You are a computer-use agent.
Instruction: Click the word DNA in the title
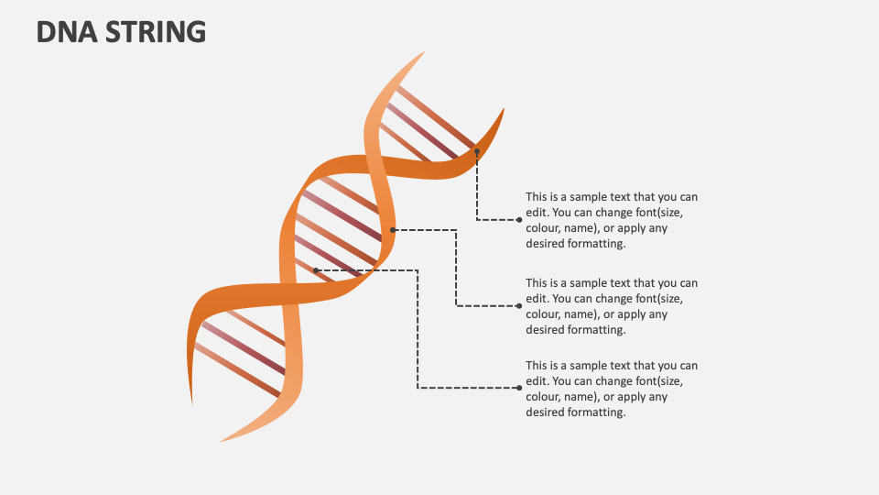point(67,32)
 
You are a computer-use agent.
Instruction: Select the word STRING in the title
point(155,32)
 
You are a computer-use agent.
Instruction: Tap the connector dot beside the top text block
point(519,220)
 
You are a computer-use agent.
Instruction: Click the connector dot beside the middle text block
point(519,305)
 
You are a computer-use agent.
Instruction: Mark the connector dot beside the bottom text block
point(519,388)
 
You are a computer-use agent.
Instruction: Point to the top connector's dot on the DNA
point(477,151)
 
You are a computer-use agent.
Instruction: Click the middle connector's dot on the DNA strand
point(393,230)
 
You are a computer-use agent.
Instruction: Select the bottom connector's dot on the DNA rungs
point(316,270)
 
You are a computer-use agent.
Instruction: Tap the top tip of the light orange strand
point(423,53)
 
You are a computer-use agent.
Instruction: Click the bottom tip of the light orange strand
point(222,440)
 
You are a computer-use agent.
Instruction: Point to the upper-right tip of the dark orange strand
point(504,110)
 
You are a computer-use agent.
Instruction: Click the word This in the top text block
point(537,197)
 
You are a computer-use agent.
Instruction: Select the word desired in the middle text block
point(545,330)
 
